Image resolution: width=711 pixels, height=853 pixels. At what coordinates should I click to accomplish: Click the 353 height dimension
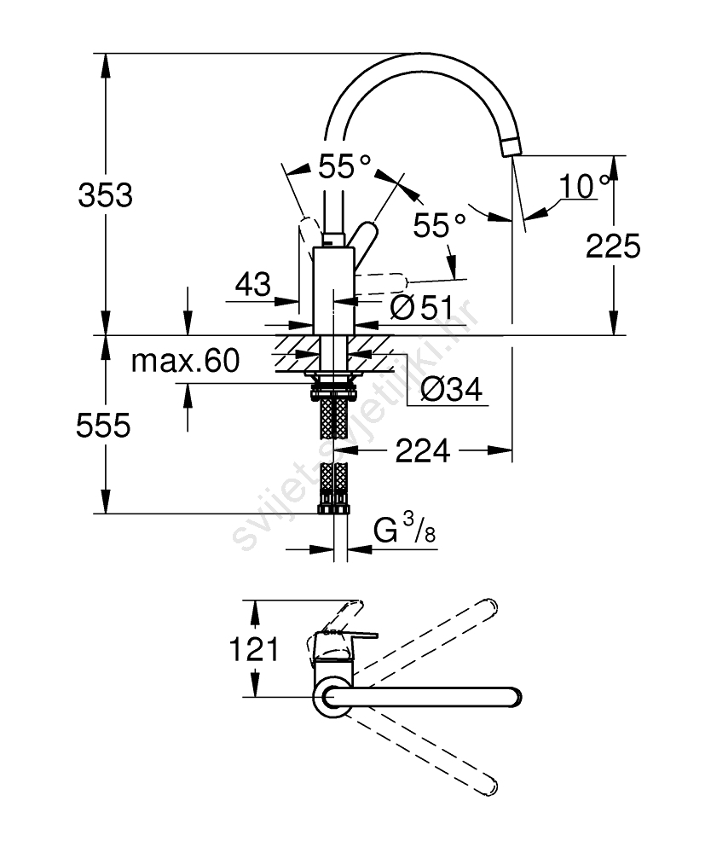pyautogui.click(x=106, y=195)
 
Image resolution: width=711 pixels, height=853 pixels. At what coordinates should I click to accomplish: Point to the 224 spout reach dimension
pyautogui.click(x=422, y=450)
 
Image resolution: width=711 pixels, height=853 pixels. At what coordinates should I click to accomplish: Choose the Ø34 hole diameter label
pyautogui.click(x=452, y=390)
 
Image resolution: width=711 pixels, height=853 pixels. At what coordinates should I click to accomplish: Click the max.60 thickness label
pyautogui.click(x=185, y=361)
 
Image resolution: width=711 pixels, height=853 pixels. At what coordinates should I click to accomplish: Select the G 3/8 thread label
pyautogui.click(x=405, y=532)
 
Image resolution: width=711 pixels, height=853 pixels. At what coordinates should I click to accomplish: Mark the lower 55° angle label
pyautogui.click(x=440, y=225)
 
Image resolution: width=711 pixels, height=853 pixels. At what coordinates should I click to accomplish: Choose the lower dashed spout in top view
pyautogui.click(x=426, y=751)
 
